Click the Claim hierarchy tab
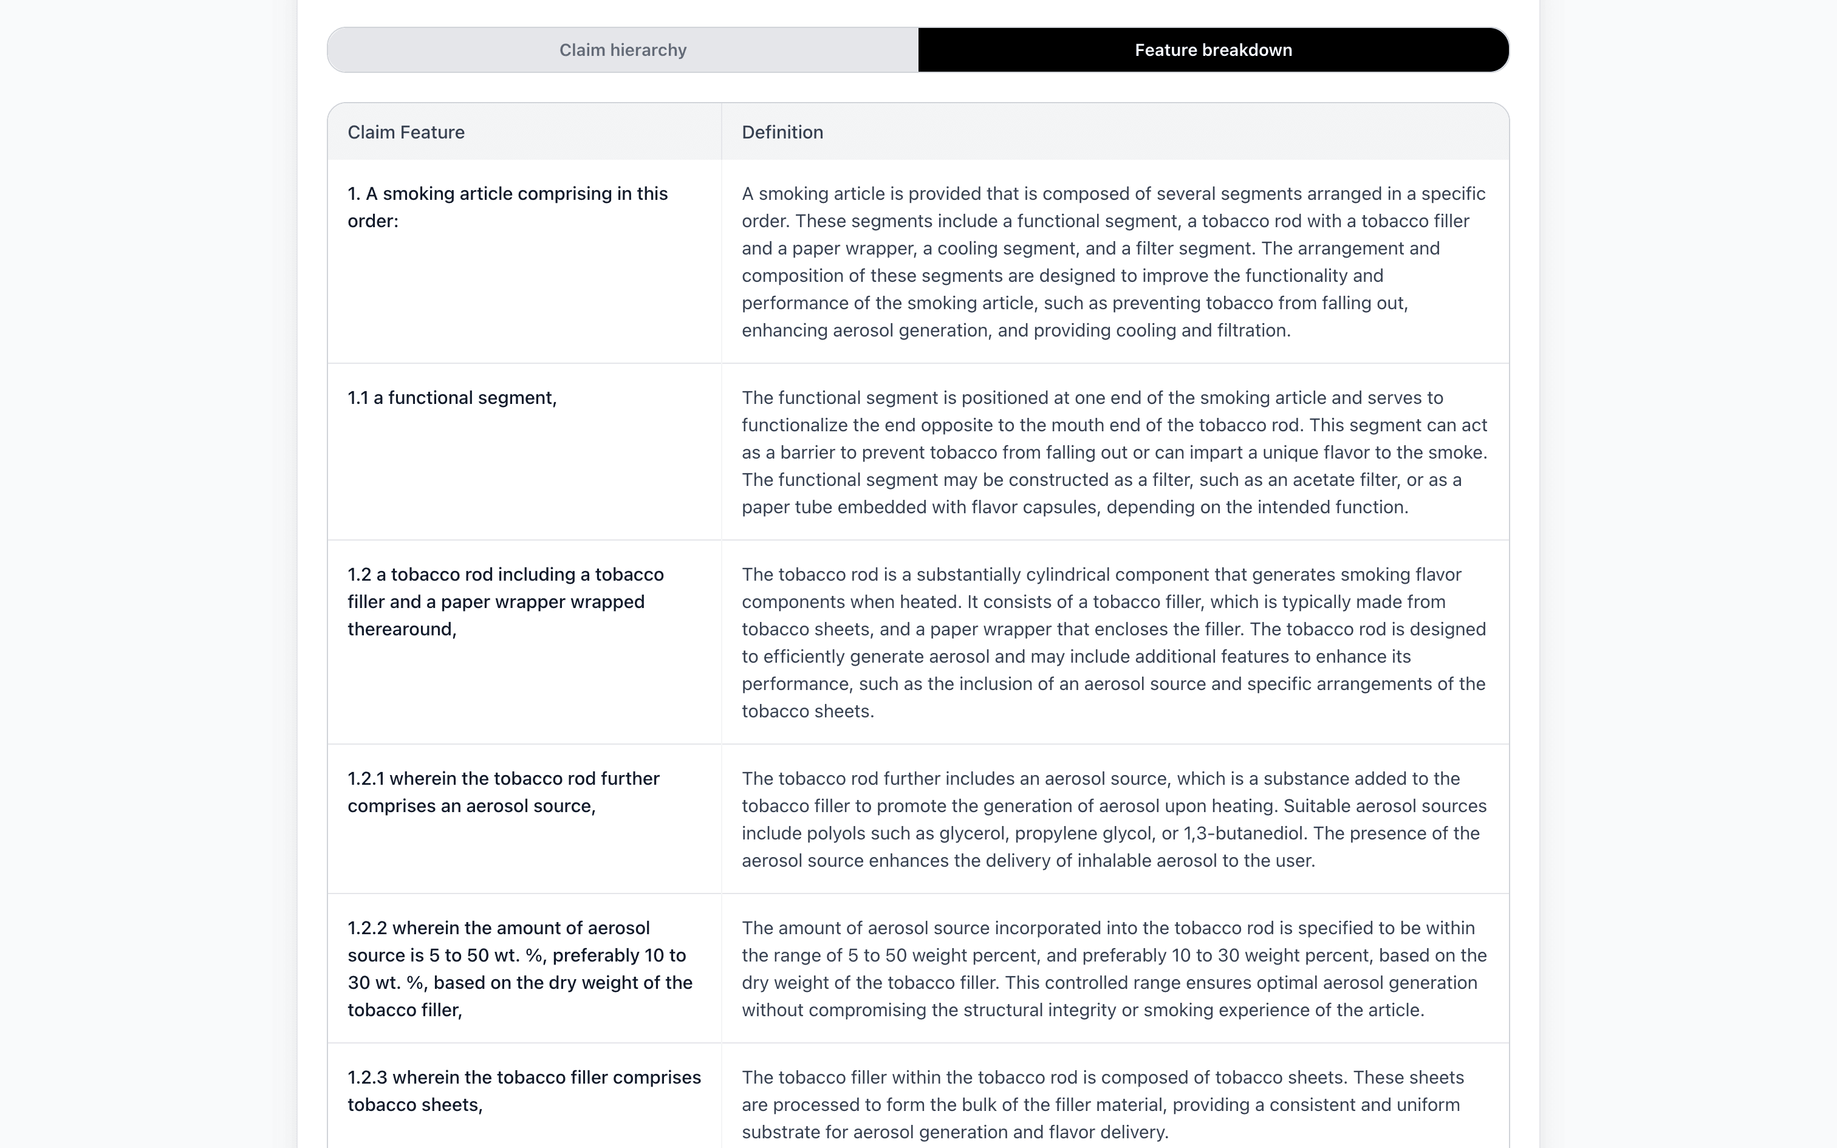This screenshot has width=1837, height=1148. click(623, 50)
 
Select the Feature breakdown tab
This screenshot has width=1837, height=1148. click(1213, 50)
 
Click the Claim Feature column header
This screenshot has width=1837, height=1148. click(406, 132)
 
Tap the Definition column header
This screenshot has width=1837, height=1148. click(782, 132)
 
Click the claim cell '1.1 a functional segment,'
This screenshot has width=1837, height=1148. click(452, 398)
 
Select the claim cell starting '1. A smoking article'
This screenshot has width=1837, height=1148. click(507, 207)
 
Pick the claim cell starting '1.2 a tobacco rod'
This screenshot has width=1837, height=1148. click(505, 601)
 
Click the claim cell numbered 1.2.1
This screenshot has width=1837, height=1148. click(503, 792)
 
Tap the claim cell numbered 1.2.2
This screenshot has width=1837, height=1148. click(519, 969)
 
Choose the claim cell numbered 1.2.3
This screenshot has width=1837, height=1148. click(524, 1090)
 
